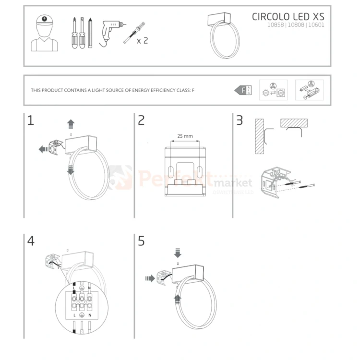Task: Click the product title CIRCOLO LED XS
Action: point(288,16)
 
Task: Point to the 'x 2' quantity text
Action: point(142,41)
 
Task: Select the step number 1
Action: point(31,120)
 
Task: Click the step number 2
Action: point(141,120)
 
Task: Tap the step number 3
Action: point(240,120)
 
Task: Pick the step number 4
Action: point(31,241)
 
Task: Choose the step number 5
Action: point(141,241)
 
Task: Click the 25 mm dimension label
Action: point(185,136)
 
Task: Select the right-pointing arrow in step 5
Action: point(150,277)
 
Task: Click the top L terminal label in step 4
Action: point(74,288)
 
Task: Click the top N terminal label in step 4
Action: point(89,288)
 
